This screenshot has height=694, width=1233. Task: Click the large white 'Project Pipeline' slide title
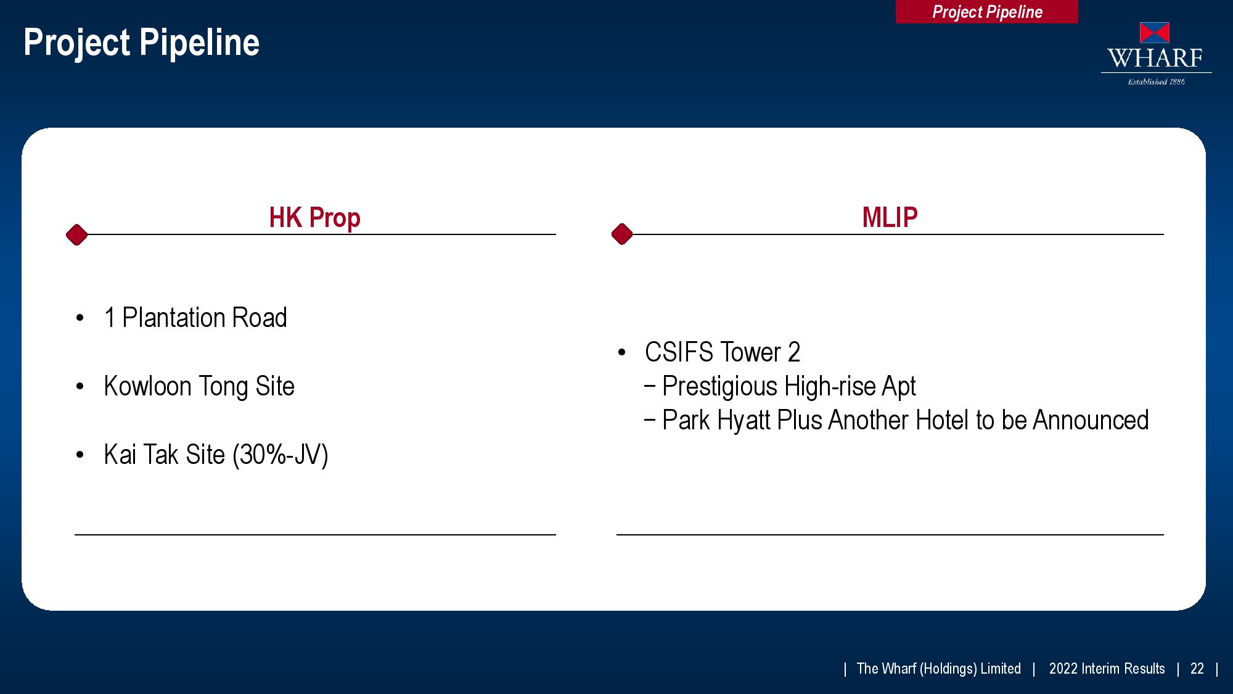point(141,43)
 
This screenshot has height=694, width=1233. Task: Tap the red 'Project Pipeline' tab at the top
point(986,12)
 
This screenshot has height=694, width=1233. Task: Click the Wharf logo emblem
point(1155,33)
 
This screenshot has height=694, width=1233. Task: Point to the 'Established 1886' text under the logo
point(1157,81)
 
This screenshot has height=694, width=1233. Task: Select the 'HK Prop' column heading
point(314,218)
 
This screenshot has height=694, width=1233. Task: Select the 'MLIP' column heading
point(890,217)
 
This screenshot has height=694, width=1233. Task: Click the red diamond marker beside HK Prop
point(76,234)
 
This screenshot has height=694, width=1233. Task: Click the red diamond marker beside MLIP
point(622,234)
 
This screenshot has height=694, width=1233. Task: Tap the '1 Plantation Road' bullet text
point(195,318)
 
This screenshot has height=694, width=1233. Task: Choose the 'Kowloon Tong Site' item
point(199,386)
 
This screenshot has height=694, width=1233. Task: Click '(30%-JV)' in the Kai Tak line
point(281,455)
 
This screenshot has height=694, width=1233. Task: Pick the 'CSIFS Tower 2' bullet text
point(723,352)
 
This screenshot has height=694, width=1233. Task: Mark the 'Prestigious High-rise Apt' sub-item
point(789,387)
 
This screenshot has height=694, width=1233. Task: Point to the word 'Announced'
point(1091,420)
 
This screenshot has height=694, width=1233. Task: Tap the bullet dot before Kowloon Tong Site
point(80,387)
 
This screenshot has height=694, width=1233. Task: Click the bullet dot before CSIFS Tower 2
point(621,353)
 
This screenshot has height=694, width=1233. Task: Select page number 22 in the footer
point(1197,669)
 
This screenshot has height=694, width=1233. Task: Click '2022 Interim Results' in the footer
point(1107,669)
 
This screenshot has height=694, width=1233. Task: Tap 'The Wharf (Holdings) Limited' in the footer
point(939,669)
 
